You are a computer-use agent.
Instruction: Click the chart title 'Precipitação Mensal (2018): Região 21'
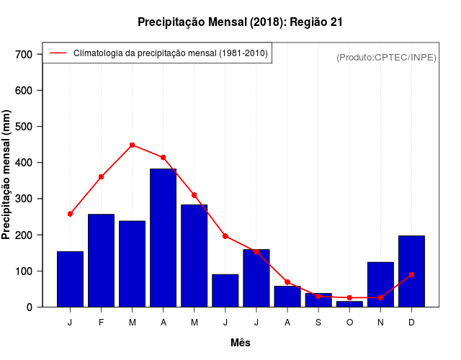pos(240,22)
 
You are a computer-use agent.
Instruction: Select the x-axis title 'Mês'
pos(241,343)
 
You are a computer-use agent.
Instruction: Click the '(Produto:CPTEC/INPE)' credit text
pos(387,57)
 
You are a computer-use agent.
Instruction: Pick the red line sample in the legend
pos(58,53)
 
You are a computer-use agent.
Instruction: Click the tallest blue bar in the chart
pos(163,238)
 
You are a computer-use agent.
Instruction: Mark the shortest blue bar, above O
pos(349,304)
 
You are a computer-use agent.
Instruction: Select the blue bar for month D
pos(411,271)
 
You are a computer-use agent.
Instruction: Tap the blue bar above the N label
pos(380,284)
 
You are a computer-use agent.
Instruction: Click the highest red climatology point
pos(133,145)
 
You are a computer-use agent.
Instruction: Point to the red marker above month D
pos(411,274)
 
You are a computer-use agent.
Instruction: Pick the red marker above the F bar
pos(101,176)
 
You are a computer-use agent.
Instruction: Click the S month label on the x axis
pos(318,323)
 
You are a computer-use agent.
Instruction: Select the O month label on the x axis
pos(349,323)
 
